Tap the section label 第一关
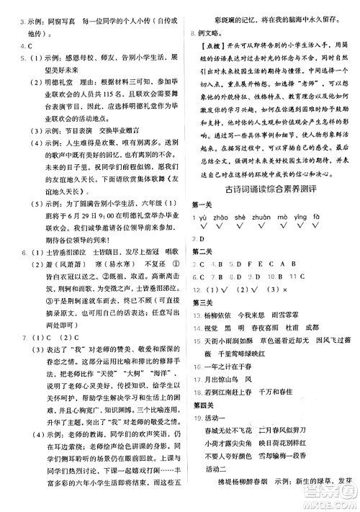(x=202, y=204)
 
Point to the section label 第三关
(x=202, y=303)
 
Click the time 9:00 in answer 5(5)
(x=103, y=218)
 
